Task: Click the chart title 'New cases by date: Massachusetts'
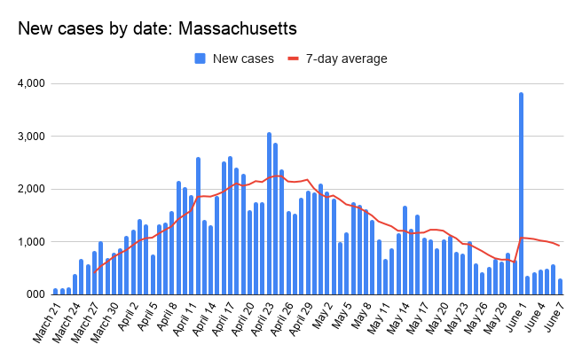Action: click(x=158, y=29)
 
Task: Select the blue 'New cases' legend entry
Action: click(x=235, y=59)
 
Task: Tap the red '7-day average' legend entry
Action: click(x=337, y=59)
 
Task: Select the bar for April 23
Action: click(x=269, y=213)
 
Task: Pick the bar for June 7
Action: click(x=560, y=286)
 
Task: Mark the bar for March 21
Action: click(x=56, y=291)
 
